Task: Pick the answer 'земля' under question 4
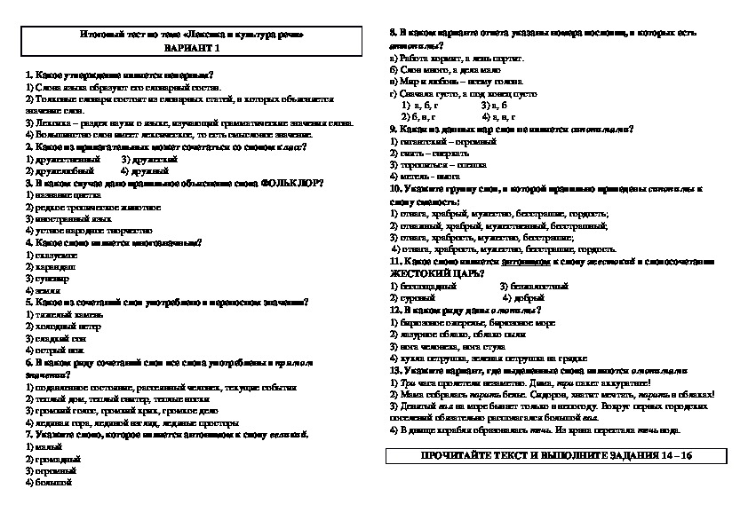click(x=42, y=290)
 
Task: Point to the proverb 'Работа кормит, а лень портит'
click(x=458, y=58)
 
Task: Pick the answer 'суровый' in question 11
click(x=416, y=297)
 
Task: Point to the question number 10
click(x=395, y=190)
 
